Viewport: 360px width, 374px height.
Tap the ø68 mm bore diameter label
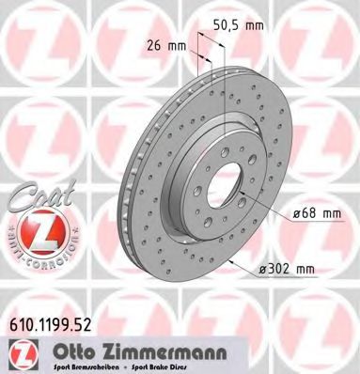316,215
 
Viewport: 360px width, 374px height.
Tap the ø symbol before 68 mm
295,215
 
